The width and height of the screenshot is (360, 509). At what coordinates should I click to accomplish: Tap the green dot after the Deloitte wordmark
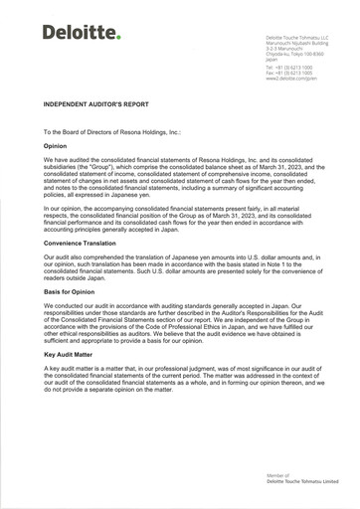(117, 38)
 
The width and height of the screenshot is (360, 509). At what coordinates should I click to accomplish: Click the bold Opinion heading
(55, 146)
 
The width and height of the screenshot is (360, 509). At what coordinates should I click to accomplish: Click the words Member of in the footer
(276, 476)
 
